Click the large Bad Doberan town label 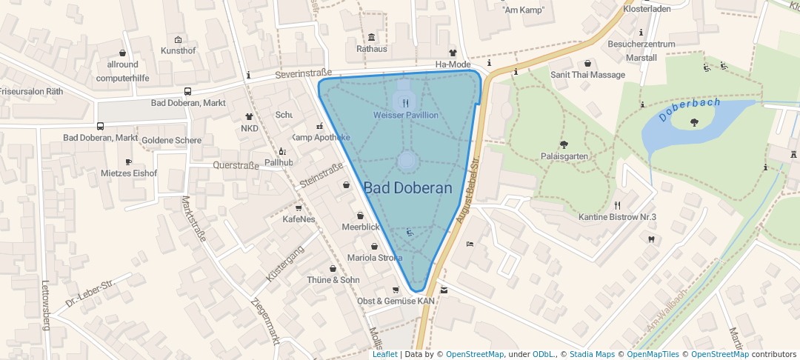[x=407, y=188]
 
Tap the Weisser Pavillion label [x=405, y=116]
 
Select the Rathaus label [x=372, y=49]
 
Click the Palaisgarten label [x=564, y=156]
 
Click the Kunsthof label [x=178, y=50]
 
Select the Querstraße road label [x=236, y=165]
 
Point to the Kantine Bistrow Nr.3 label [x=617, y=216]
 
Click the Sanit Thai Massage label [x=587, y=75]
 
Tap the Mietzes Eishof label [x=129, y=173]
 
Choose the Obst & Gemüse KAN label [x=396, y=301]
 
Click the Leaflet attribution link [x=384, y=354]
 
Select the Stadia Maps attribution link [x=592, y=354]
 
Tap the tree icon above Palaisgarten [x=564, y=144]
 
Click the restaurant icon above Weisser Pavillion [x=405, y=104]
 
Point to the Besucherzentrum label [x=641, y=44]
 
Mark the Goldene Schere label [x=171, y=140]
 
